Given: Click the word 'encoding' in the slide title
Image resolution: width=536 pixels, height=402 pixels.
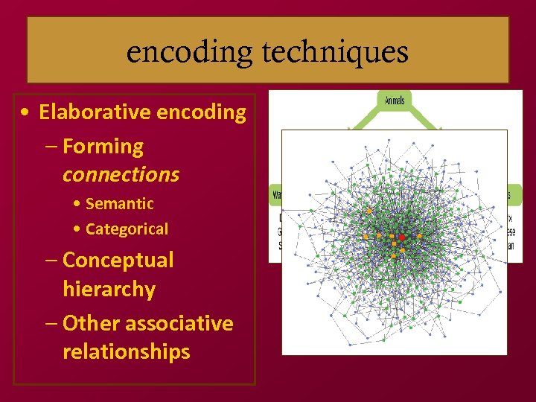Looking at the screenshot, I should [x=189, y=52].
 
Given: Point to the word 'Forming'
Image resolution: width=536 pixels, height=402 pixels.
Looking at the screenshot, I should [x=103, y=147].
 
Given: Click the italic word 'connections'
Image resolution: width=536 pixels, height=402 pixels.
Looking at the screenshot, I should [x=121, y=175].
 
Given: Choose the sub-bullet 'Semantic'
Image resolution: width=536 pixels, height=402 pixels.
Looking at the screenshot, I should [x=119, y=203].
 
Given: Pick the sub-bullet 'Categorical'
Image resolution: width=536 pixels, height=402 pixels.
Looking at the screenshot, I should [x=127, y=229].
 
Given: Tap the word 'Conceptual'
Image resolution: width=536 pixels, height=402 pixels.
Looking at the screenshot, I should [x=118, y=260].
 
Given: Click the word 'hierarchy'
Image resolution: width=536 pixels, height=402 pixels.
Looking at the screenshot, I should [x=109, y=289].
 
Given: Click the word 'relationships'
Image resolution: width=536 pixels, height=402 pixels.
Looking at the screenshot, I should [x=126, y=351].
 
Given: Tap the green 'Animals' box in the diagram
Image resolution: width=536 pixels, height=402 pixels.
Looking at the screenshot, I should [x=395, y=100].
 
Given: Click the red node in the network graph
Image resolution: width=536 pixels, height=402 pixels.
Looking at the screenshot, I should [x=402, y=237].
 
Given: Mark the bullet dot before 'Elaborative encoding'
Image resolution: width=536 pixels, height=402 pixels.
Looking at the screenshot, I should [x=26, y=113].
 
